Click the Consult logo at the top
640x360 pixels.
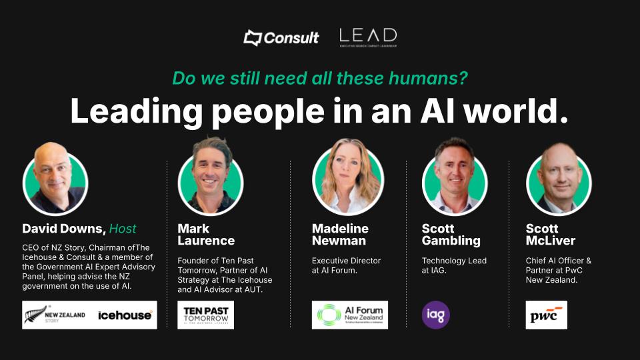[x=281, y=37]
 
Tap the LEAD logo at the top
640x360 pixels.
[x=367, y=37]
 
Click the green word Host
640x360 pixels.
[x=123, y=229]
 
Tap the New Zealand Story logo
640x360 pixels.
[x=55, y=315]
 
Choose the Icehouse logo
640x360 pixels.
[x=125, y=315]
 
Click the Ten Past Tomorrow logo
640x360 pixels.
[x=205, y=315]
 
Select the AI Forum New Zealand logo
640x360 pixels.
[x=350, y=315]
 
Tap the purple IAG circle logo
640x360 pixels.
[x=436, y=315]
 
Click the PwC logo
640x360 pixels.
[x=546, y=315]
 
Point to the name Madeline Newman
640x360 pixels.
[x=340, y=235]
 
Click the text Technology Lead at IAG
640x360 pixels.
[x=454, y=265]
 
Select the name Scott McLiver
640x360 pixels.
[x=551, y=235]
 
